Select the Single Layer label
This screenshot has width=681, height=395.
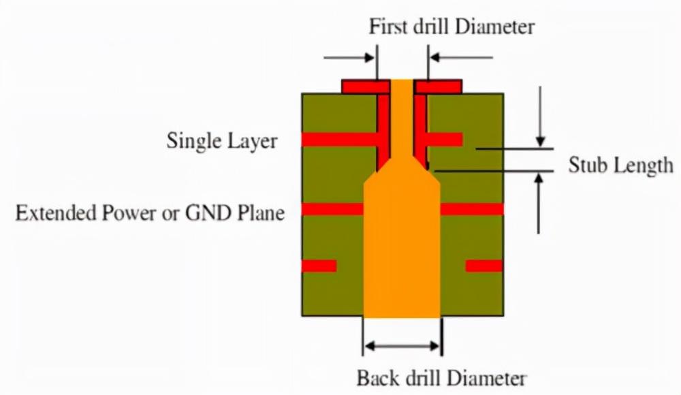coord(222,141)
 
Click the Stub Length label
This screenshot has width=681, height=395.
coord(620,165)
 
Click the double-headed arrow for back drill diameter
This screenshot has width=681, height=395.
coord(402,346)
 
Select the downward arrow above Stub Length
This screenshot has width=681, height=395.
coord(540,116)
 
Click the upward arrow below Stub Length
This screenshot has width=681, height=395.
coord(539,204)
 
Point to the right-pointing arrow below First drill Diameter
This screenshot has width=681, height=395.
coord(349,57)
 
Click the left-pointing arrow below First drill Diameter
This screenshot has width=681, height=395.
coord(461,57)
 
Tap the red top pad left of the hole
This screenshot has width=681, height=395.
coord(366,86)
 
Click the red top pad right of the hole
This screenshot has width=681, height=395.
coord(438,86)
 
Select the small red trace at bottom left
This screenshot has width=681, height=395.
coord(319,266)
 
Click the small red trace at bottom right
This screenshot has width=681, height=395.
coord(484,266)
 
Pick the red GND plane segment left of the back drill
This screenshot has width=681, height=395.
coord(333,210)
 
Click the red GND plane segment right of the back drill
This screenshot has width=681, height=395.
coord(472,210)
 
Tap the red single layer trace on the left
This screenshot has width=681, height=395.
coord(340,140)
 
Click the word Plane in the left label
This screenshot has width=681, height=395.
coord(262,213)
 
